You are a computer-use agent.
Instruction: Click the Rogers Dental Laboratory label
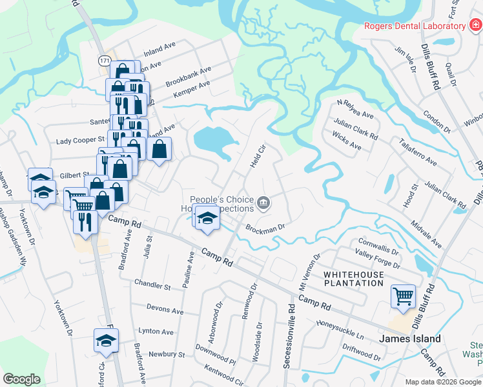pos(415,26)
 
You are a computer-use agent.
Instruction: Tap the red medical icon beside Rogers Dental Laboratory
pos(475,26)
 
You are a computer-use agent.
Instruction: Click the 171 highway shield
pos(104,60)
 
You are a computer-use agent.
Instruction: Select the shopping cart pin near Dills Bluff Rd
pos(403,297)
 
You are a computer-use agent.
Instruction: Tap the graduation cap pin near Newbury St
pos(107,341)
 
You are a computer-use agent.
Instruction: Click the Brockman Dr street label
pos(265,228)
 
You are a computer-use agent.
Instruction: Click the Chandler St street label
pos(152,284)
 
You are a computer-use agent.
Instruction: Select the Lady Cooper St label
pos(80,140)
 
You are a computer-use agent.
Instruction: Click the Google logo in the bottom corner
pos(21,379)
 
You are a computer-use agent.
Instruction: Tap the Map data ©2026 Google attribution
pos(442,382)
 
